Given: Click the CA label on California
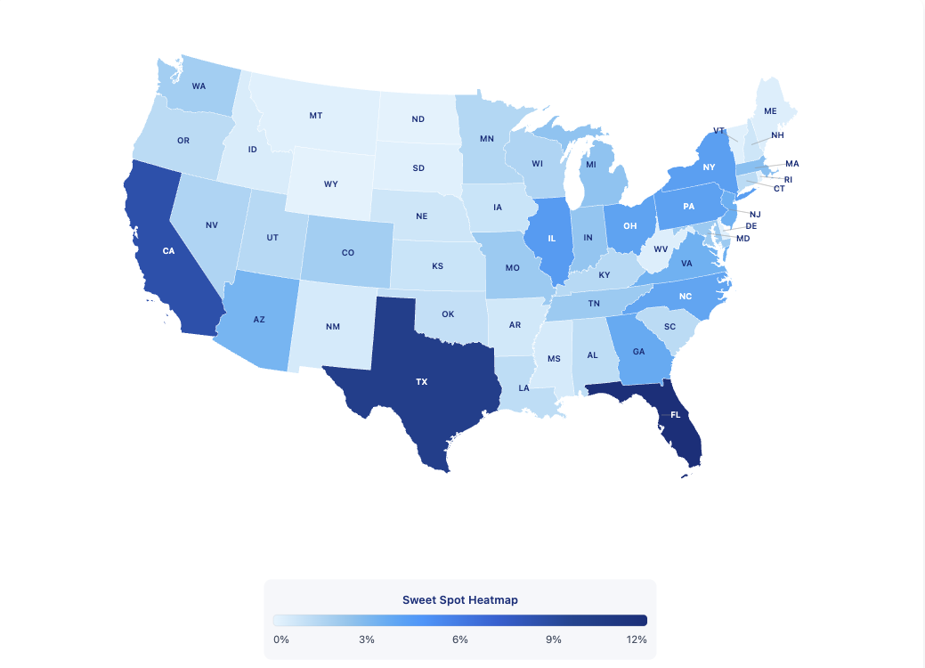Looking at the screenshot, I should [168, 251].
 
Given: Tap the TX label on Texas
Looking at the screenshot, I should [422, 381].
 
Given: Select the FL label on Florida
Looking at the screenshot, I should [675, 415].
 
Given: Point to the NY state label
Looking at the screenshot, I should [709, 167].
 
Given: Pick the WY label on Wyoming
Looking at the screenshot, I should [331, 183].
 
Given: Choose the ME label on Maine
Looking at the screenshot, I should [770, 111].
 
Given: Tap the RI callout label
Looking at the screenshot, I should [788, 179].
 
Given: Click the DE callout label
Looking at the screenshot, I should [751, 226].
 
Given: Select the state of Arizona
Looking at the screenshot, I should [259, 319].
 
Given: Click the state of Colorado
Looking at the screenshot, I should [348, 252].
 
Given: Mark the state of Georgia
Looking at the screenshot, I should [638, 351].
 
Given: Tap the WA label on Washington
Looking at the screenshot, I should [199, 86].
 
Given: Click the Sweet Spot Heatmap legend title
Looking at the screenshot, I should [460, 599].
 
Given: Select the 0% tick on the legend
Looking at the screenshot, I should [280, 639].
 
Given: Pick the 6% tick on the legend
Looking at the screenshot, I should [460, 639].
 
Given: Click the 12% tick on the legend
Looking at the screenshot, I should [636, 639].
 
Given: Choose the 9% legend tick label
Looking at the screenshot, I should [553, 639].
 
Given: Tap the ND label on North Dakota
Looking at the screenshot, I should [418, 119].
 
